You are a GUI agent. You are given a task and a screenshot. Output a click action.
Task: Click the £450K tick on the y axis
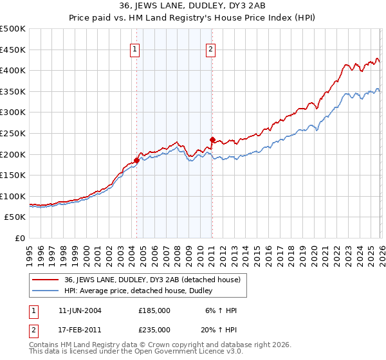pos(13,50)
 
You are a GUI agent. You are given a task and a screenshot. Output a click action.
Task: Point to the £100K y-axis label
pos(13,196)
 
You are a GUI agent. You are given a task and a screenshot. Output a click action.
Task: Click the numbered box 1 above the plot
pos(135,48)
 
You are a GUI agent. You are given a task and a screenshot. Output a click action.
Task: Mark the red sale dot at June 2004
pos(136,160)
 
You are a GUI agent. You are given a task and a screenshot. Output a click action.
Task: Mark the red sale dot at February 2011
pos(212,139)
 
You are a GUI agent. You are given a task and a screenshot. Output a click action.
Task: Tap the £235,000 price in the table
pos(154,329)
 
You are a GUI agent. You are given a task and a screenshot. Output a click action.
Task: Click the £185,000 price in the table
pos(154,310)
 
